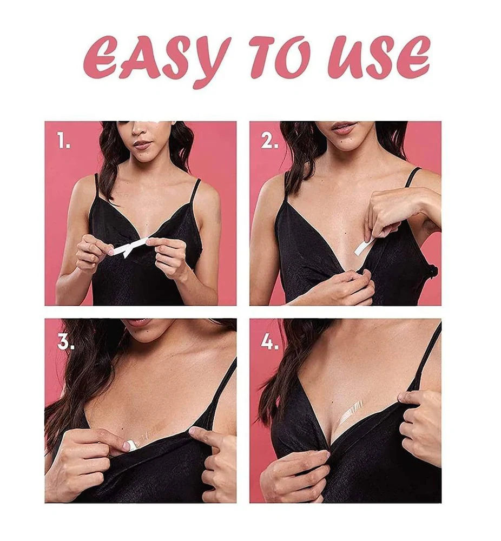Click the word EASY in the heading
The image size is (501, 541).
(x=157, y=58)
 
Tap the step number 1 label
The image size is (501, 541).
(x=63, y=142)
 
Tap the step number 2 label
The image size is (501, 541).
(x=269, y=142)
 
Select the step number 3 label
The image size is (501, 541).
(x=65, y=342)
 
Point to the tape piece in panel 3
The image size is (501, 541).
(x=130, y=445)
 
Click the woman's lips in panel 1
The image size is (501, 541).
(x=142, y=145)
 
